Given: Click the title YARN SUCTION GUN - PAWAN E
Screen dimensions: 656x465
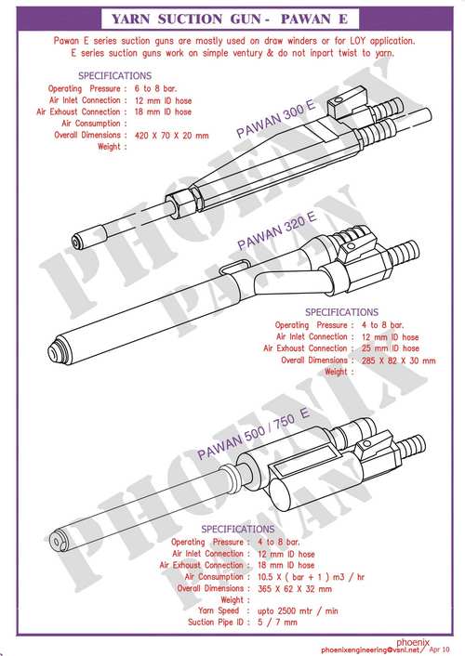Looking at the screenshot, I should click(x=232, y=19).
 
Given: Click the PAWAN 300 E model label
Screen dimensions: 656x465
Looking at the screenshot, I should click(x=275, y=122).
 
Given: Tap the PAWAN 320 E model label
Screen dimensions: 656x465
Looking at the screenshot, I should click(x=278, y=231).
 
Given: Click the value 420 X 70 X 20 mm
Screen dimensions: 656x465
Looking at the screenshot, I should click(x=172, y=135).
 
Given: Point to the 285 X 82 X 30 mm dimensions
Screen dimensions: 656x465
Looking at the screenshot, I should click(x=398, y=360).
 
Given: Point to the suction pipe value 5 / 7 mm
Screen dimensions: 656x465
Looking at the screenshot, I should click(x=276, y=622).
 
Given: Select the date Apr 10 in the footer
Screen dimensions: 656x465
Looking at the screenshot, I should click(x=439, y=648).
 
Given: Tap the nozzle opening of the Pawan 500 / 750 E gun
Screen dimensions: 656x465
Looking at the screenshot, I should click(x=60, y=539).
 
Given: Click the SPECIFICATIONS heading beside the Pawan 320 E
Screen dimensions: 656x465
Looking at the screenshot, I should click(x=342, y=312).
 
